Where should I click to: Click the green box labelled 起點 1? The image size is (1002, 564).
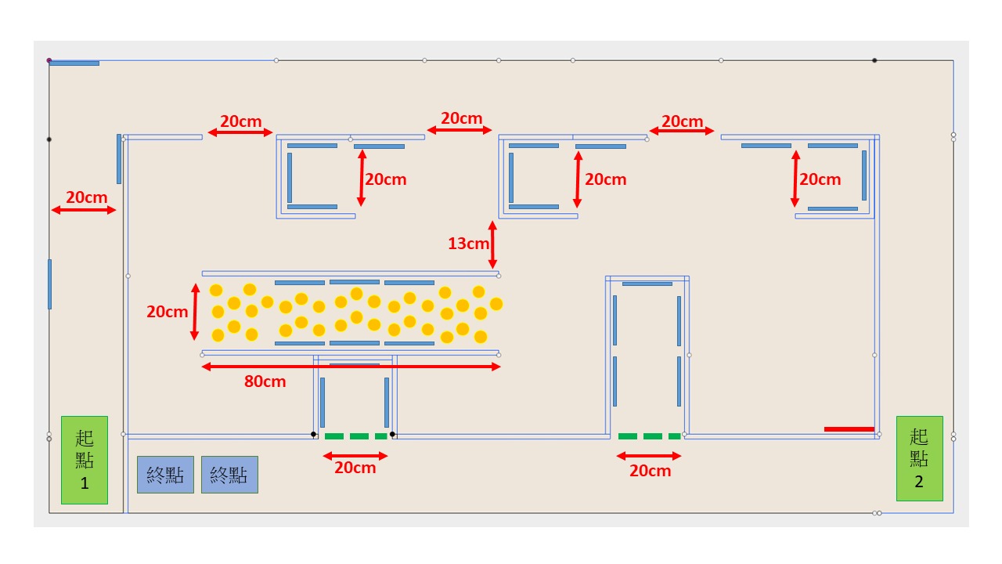pyautogui.click(x=85, y=460)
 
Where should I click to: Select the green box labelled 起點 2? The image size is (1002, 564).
pyautogui.click(x=919, y=458)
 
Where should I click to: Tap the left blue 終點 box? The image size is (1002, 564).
pyautogui.click(x=165, y=475)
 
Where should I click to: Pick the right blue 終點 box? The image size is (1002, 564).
pyautogui.click(x=229, y=475)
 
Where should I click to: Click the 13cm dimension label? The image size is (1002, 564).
pyautogui.click(x=468, y=244)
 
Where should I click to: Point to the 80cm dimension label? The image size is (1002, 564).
pyautogui.click(x=265, y=382)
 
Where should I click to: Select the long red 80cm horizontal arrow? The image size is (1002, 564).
pyautogui.click(x=351, y=367)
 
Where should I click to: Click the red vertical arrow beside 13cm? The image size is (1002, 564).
pyautogui.click(x=492, y=244)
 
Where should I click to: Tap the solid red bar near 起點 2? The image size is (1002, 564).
pyautogui.click(x=849, y=429)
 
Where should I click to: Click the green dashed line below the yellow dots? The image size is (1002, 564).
pyautogui.click(x=356, y=436)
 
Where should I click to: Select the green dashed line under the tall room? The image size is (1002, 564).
pyautogui.click(x=649, y=436)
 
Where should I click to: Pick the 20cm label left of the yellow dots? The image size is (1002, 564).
pyautogui.click(x=167, y=312)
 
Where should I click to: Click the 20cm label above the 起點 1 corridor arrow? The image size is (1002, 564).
pyautogui.click(x=86, y=197)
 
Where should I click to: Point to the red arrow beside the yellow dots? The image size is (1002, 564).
pyautogui.click(x=195, y=312)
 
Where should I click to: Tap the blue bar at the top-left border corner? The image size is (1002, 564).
pyautogui.click(x=74, y=63)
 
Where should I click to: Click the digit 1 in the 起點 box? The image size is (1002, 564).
pyautogui.click(x=85, y=483)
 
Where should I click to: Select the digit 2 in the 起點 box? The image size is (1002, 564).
pyautogui.click(x=919, y=482)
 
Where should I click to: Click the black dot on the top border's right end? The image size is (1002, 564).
pyautogui.click(x=874, y=60)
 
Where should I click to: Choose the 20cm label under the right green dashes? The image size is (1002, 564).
pyautogui.click(x=650, y=471)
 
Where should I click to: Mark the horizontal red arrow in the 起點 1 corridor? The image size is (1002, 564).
pyautogui.click(x=84, y=210)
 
